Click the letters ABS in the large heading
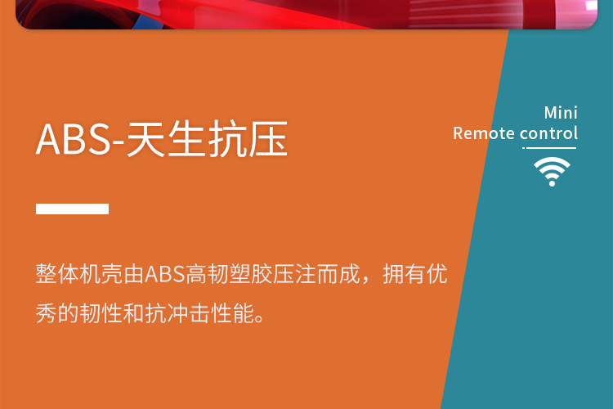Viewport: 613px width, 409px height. [74, 139]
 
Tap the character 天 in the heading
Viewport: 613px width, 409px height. [145, 139]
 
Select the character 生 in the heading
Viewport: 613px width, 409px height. [186, 139]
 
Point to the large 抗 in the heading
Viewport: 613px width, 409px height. [227, 139]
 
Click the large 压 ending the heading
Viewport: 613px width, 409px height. [268, 139]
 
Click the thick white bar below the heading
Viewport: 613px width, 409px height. [72, 209]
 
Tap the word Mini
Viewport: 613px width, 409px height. [561, 113]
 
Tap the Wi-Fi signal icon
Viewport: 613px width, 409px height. [552, 172]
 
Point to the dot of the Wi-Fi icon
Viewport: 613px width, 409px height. [552, 182]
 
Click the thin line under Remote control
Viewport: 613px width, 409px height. [549, 148]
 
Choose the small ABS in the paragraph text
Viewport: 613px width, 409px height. [165, 274]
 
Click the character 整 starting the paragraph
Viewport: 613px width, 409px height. [46, 273]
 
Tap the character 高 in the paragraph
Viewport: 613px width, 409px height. [196, 273]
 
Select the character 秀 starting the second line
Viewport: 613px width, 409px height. [46, 313]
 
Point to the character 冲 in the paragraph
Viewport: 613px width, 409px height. [177, 313]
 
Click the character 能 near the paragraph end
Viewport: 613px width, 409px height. [243, 313]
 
